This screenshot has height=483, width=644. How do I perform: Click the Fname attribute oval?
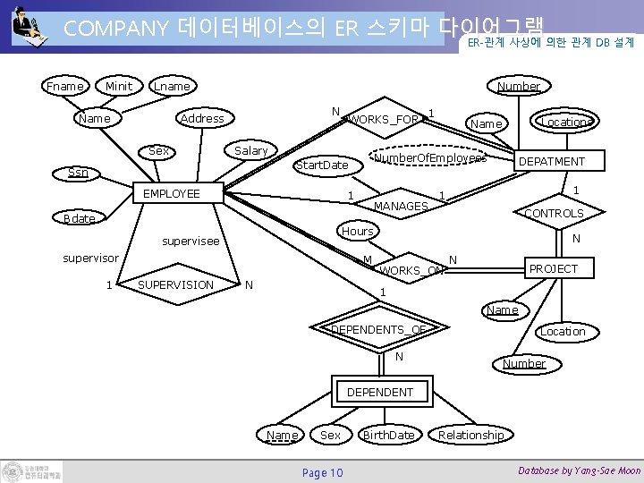coord(66,86)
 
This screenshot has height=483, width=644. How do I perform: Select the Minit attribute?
coord(118,86)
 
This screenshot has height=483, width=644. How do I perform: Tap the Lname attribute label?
coord(172,86)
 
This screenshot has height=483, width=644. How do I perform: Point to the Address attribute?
coord(202,118)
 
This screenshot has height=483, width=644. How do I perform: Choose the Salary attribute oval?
coord(250,150)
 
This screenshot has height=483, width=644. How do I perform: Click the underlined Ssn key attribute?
coord(79,172)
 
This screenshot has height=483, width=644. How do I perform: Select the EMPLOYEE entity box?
coord(179,192)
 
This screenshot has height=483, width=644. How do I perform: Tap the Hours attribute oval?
coord(358,231)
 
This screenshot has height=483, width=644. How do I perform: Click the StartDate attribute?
coord(322,165)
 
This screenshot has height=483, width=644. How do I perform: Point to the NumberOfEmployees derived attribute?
coord(429,158)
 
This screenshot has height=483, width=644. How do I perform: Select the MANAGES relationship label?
coord(400,206)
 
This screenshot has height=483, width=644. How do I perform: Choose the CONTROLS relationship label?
coord(554,213)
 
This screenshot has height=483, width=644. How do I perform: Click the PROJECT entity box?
coord(554,268)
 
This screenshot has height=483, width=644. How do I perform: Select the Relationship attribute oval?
coord(470,435)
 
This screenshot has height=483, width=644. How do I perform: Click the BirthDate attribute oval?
coord(388,435)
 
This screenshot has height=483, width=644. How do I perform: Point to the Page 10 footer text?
coord(322,472)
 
